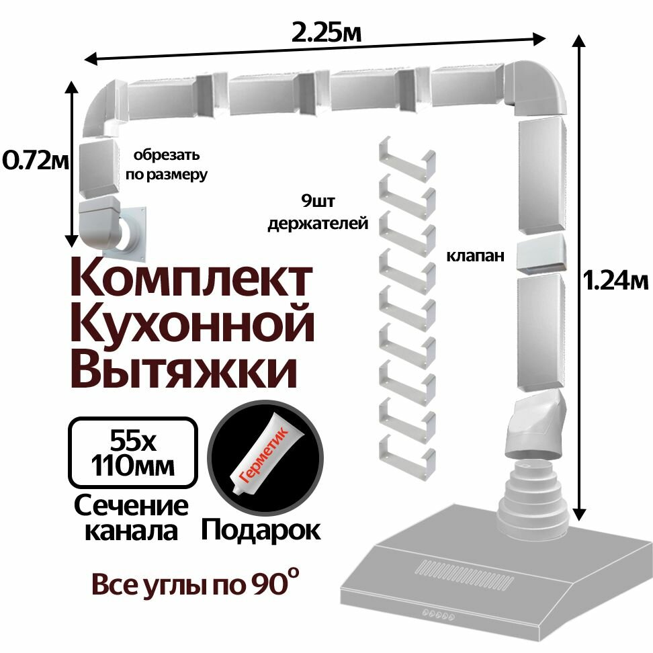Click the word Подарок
pyautogui.click(x=261, y=530)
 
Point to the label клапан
pyautogui.click(x=475, y=256)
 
